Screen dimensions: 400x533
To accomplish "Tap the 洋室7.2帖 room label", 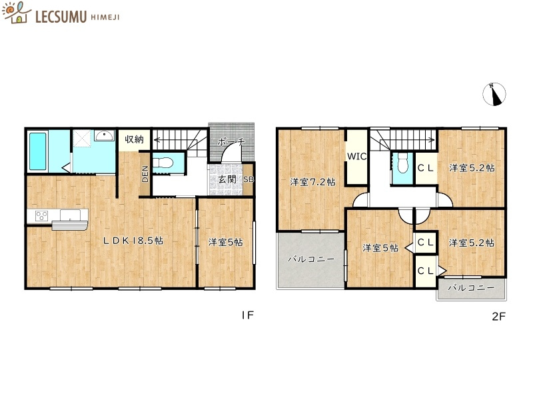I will pyautogui.click(x=312, y=182).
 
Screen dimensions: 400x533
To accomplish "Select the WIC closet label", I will pyautogui.click(x=356, y=157).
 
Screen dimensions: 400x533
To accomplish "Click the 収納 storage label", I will pyautogui.click(x=134, y=139).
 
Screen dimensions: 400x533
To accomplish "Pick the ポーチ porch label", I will pyautogui.click(x=232, y=142).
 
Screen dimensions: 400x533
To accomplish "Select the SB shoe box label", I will pyautogui.click(x=248, y=180).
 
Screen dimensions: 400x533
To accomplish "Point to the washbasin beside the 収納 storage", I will pyautogui.click(x=105, y=137).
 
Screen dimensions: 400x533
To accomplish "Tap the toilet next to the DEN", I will pyautogui.click(x=163, y=163).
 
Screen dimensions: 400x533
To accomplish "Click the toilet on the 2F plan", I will pyautogui.click(x=402, y=163).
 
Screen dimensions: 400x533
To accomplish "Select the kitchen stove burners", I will pyautogui.click(x=39, y=215).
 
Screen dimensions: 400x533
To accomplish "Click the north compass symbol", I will pyautogui.click(x=494, y=94).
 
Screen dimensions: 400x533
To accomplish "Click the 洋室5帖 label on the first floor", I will pyautogui.click(x=225, y=243).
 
